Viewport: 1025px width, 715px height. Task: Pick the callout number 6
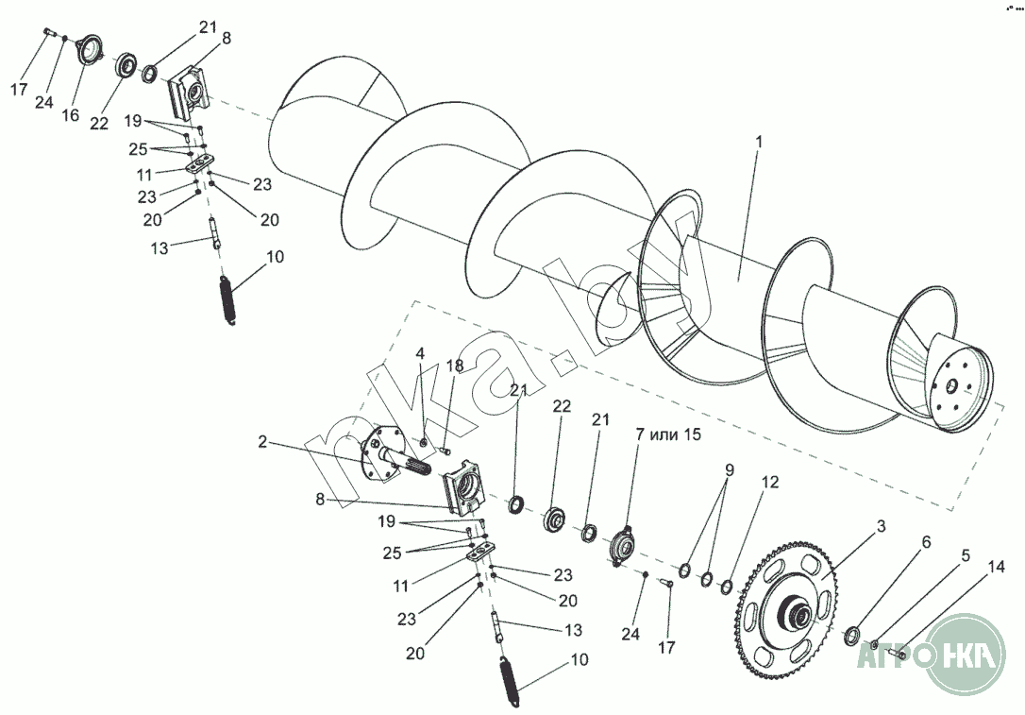point(926,542)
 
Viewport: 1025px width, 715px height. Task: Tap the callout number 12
point(770,482)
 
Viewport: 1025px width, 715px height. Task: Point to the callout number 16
point(70,115)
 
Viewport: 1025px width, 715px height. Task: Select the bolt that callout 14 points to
point(896,653)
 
